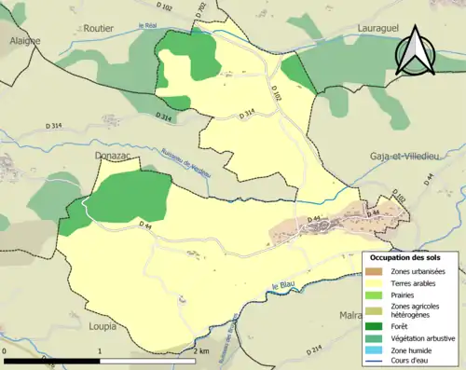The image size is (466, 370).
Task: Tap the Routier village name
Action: (x=99, y=30)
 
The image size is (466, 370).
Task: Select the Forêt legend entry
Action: (x=406, y=325)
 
